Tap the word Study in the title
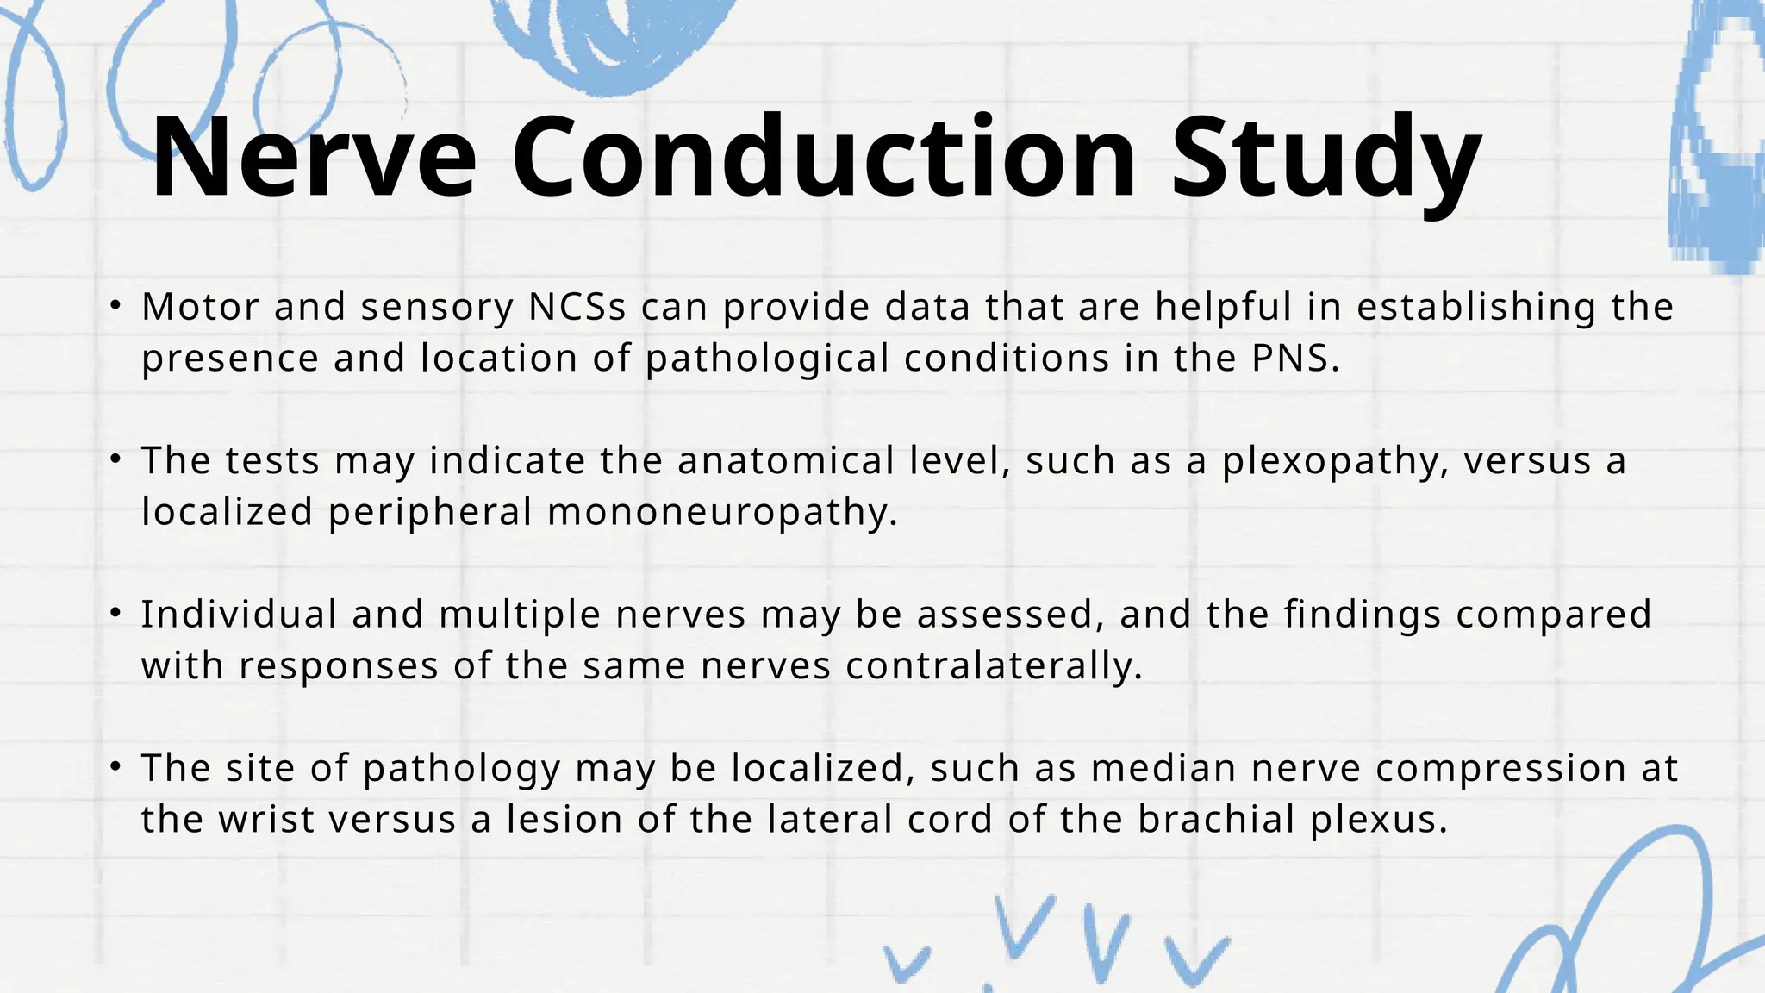tap(1325, 159)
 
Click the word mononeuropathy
tap(722, 512)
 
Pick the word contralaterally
tap(994, 665)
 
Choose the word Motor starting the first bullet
tap(200, 307)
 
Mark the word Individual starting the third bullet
tap(239, 615)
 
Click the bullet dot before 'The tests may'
tap(115, 459)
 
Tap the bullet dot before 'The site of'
tap(115, 766)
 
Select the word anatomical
tap(786, 460)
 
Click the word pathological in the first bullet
tap(767, 359)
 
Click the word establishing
tap(1476, 307)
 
